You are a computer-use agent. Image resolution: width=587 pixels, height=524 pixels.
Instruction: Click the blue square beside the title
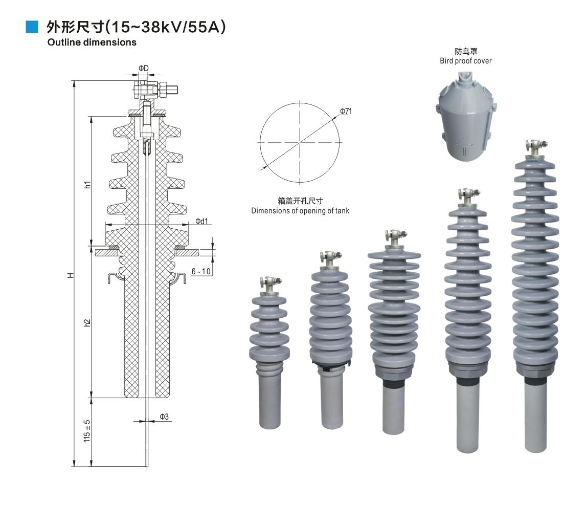pos(32,27)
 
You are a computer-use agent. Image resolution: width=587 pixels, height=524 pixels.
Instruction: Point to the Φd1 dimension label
pos(202,221)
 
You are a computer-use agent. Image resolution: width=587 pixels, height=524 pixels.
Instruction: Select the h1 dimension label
pos(87,185)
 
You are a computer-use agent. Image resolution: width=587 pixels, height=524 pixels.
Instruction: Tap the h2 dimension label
pos(87,323)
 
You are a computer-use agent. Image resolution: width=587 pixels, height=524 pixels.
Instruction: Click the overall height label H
pos(71,275)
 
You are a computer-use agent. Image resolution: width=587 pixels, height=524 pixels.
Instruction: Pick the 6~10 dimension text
pos(201,271)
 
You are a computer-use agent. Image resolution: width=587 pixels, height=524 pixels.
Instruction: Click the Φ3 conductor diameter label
pos(164,417)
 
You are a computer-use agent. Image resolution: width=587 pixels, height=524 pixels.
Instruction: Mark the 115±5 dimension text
pos(87,431)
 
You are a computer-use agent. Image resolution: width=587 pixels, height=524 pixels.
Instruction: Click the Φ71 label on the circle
pos(346,111)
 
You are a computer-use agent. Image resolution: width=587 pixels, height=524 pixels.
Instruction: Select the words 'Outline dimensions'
pos(92,42)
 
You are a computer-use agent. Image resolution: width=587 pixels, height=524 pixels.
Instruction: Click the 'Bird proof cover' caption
pos(466,61)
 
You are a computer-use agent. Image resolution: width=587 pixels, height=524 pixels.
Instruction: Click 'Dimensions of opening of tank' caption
pos(300,211)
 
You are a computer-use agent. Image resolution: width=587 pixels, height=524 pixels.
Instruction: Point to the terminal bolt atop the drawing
pos(156,91)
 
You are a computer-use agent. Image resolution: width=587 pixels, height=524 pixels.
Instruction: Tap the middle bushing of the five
pos(394,327)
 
